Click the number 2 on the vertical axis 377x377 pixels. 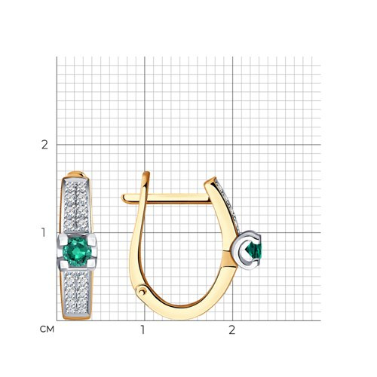coord(44,145)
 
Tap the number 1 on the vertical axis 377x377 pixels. coord(44,232)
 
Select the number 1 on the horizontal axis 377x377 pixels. coord(143,330)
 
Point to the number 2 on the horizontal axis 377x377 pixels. coord(231,330)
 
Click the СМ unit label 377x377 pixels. coord(47,329)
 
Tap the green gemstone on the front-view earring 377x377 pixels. coord(76,251)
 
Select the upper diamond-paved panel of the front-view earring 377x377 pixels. coord(76,205)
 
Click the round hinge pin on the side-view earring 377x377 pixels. coord(141,292)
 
